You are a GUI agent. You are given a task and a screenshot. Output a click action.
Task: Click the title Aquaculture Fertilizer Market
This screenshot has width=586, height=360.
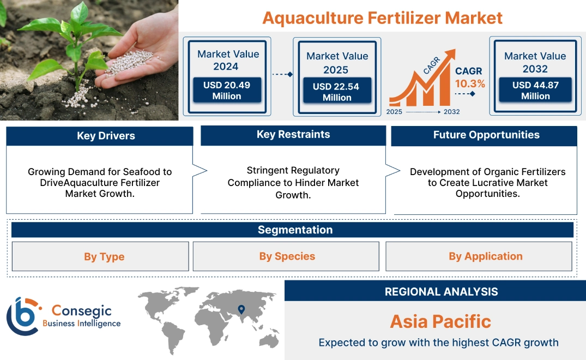[382, 17]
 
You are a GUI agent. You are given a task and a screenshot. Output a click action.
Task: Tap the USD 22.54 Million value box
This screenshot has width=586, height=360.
[336, 92]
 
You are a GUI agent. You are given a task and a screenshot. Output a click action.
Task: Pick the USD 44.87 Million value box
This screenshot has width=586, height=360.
[535, 91]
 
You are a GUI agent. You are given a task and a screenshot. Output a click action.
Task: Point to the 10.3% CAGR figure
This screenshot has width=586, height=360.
[470, 83]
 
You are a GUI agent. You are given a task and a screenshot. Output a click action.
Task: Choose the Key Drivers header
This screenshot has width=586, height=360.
[106, 136]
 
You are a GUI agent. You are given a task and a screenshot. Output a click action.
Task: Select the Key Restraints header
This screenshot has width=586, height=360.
[293, 135]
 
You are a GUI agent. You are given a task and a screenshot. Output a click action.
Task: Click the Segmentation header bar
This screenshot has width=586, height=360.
[295, 230]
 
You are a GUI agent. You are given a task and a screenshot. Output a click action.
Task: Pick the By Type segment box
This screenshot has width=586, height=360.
[104, 256]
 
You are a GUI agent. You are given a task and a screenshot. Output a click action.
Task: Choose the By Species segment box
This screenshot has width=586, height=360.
[287, 256]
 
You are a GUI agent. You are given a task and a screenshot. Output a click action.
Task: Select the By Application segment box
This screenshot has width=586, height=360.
[485, 256]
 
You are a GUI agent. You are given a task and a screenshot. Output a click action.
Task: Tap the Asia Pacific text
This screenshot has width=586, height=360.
[440, 321]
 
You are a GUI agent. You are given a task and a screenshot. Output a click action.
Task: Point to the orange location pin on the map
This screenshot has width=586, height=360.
[240, 310]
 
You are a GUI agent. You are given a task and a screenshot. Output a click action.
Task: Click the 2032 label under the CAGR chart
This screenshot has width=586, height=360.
[451, 112]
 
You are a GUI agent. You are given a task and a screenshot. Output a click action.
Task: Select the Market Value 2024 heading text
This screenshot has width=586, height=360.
[228, 60]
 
